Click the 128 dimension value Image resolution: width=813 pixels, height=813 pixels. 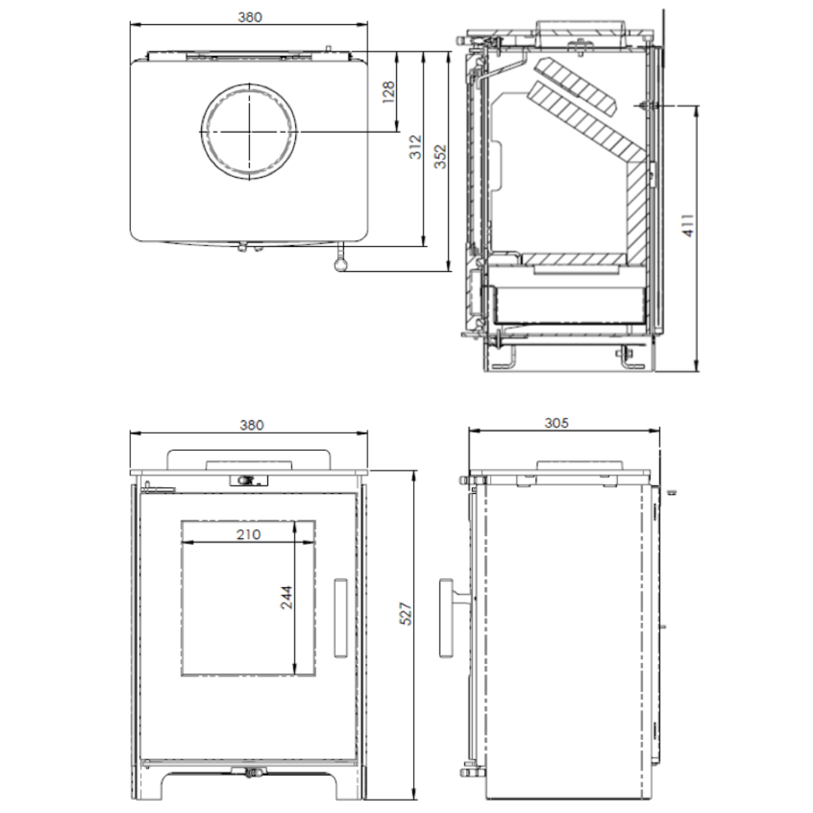[x=389, y=93]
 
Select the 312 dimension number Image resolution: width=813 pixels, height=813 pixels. [x=416, y=147]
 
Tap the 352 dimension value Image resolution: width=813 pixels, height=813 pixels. [x=440, y=157]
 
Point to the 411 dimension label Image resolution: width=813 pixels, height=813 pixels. [x=687, y=225]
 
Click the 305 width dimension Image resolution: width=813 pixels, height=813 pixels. [x=556, y=423]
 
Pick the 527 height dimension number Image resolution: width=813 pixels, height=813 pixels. [x=406, y=614]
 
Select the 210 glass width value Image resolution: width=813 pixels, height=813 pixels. [x=248, y=534]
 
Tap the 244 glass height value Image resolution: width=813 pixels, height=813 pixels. [x=286, y=597]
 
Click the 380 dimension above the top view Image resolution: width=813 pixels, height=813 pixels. [x=250, y=17]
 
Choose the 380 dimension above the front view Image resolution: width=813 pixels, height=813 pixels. [x=251, y=425]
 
